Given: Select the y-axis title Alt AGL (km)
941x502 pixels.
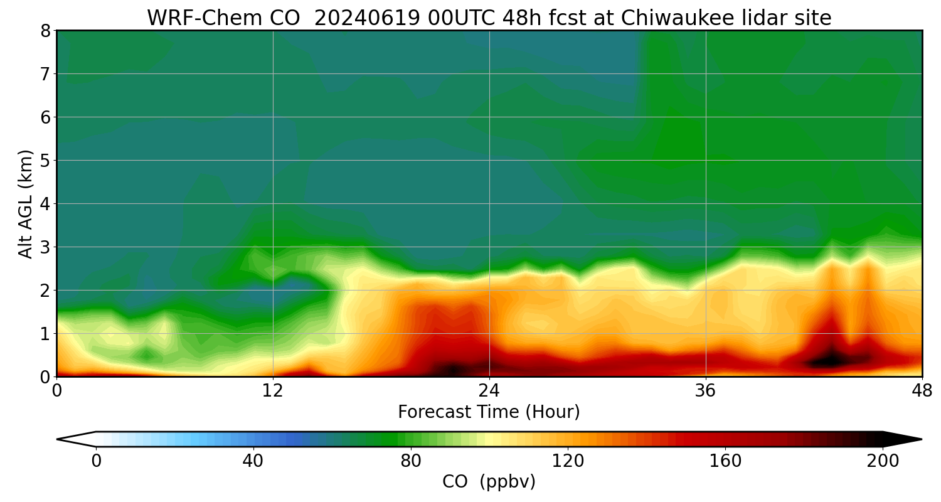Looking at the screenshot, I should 26,203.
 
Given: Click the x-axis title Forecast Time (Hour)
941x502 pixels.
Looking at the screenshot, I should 489,412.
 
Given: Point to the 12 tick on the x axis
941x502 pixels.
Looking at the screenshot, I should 273,391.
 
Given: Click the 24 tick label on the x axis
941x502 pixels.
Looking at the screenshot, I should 489,391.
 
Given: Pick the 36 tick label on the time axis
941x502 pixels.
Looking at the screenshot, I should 706,391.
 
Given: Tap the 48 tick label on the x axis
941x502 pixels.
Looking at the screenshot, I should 922,391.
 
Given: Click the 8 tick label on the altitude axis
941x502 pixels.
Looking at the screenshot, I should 45,31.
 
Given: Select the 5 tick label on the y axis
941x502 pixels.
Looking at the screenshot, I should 45,161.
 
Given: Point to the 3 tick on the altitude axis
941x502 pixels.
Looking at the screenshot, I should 45,247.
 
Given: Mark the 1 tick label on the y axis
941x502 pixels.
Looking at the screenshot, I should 45,334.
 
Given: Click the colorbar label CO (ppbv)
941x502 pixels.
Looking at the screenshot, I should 489,482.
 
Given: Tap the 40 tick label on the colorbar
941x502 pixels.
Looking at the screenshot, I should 253,461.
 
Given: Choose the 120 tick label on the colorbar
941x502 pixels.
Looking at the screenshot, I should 568,461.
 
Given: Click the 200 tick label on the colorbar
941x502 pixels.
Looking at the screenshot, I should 883,461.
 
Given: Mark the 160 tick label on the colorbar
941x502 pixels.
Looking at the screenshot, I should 725,461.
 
